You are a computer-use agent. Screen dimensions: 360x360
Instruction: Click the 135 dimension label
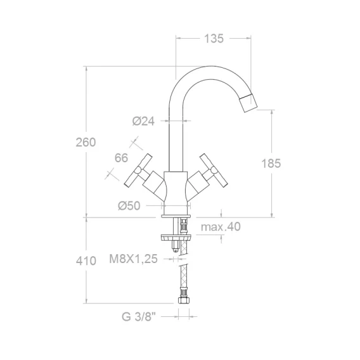[x=214, y=39]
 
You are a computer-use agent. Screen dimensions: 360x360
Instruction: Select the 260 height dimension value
[x=86, y=143]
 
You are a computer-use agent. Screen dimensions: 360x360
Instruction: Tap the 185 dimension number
[x=271, y=164]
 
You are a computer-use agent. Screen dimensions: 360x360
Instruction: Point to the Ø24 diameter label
[x=143, y=121]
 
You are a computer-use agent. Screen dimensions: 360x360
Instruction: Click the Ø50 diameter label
[x=129, y=206]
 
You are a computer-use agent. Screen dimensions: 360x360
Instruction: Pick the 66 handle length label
[x=121, y=158]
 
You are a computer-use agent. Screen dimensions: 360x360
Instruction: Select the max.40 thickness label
[x=221, y=227]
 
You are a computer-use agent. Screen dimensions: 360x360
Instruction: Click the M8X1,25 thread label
[x=133, y=259]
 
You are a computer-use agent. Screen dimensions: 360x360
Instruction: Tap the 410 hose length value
[x=86, y=261]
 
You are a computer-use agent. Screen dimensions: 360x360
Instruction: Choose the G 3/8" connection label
[x=139, y=317]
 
